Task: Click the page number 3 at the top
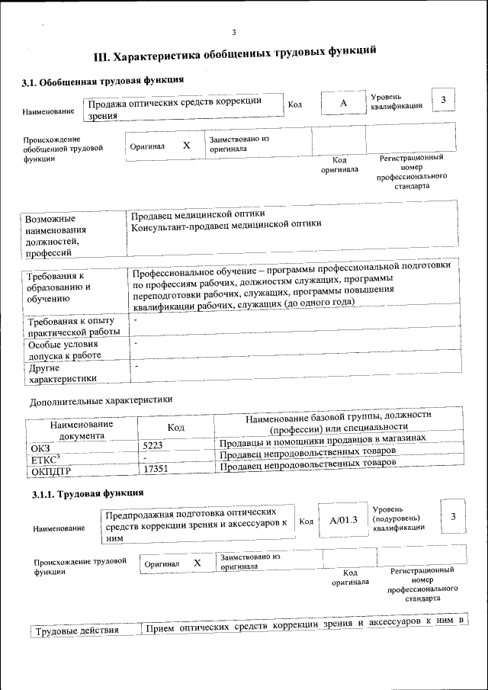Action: coord(234,31)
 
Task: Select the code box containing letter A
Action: coord(343,103)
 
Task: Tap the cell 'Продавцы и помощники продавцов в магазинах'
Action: coord(322,440)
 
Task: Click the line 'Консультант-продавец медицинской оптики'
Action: coord(226,224)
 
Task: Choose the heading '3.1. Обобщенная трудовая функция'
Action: coord(101,80)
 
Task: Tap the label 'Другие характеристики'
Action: coord(63,373)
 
